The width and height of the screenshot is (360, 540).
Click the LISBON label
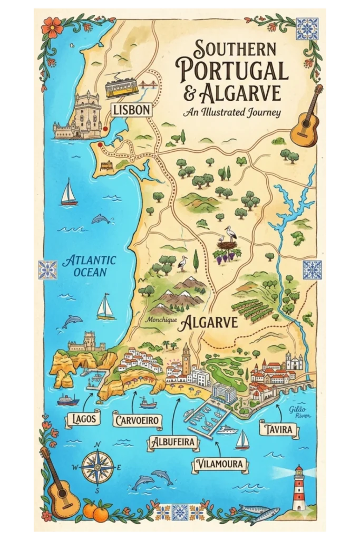[132, 110]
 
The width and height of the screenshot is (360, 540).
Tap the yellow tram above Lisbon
[121, 88]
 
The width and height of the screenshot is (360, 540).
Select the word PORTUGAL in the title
[232, 70]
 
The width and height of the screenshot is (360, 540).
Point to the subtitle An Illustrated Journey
[232, 112]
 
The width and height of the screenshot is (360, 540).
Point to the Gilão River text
[301, 411]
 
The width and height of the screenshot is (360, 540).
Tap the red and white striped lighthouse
[299, 488]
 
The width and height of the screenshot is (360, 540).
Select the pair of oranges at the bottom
[96, 510]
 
